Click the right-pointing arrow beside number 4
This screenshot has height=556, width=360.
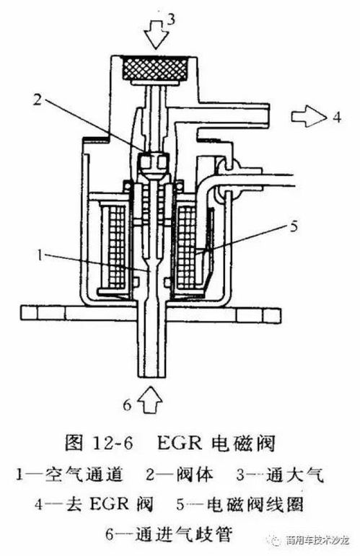tap(309, 117)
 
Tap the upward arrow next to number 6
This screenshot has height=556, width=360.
tap(150, 400)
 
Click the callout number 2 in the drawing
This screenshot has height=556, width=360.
tap(38, 100)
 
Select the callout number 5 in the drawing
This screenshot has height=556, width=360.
tap(294, 226)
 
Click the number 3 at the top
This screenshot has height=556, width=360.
tap(171, 19)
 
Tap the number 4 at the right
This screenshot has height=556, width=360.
tap(337, 117)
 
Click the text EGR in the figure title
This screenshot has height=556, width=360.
tap(181, 443)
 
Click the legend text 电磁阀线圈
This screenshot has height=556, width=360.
tap(255, 504)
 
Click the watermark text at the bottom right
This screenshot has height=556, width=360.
tap(317, 540)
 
